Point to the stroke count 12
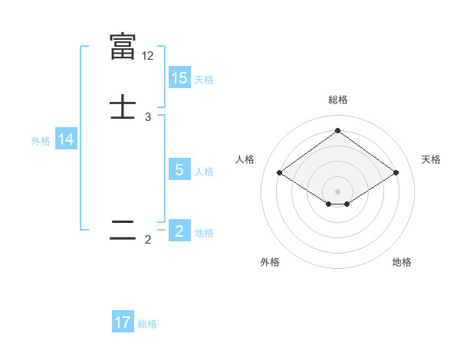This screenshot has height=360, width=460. click(x=148, y=56)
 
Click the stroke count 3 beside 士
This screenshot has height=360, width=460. click(x=148, y=117)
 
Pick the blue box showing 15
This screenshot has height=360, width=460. click(x=179, y=78)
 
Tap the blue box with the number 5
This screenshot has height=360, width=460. click(x=179, y=170)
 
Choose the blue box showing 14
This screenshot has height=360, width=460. click(x=66, y=139)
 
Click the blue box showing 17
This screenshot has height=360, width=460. click(x=123, y=322)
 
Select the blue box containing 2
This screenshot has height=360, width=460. click(x=179, y=231)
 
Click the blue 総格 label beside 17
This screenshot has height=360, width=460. click(x=147, y=324)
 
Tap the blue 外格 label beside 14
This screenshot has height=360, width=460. click(x=41, y=141)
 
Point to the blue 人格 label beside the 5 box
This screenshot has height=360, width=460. click(x=205, y=172)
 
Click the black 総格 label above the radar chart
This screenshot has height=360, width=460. click(x=338, y=100)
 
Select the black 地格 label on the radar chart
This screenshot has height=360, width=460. click(x=402, y=262)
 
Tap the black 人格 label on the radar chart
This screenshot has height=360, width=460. click(x=245, y=159)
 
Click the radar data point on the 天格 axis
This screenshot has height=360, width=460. click(x=396, y=173)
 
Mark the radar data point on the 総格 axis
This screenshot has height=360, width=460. click(x=338, y=130)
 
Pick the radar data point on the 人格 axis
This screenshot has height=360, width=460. click(x=280, y=173)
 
